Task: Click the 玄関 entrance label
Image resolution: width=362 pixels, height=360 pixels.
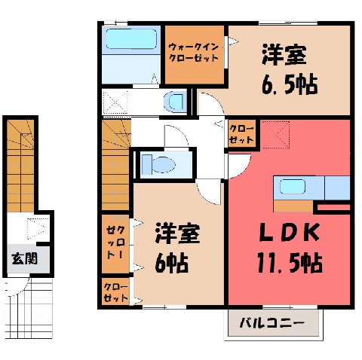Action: [x=25, y=258]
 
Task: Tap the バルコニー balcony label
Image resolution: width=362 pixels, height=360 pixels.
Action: [x=271, y=322]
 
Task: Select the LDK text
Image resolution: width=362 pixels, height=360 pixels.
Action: [x=289, y=233]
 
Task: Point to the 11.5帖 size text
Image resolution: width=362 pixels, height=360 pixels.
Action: [x=290, y=263]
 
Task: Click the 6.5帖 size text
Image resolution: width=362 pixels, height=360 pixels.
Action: [x=290, y=84]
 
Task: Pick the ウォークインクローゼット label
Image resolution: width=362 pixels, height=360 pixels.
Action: [x=194, y=52]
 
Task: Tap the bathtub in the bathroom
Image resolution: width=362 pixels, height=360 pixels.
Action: [x=131, y=38]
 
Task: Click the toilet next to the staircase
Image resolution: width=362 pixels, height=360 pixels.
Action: [x=158, y=165]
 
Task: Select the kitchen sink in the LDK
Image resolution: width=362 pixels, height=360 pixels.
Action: [x=293, y=187]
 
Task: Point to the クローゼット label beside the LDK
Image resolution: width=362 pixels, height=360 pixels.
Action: [x=241, y=134]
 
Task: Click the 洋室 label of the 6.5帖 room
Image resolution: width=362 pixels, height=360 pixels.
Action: [x=284, y=55]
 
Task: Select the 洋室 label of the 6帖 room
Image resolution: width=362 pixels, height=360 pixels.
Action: [x=177, y=233]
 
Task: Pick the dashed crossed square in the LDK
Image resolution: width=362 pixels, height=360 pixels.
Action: [x=275, y=135]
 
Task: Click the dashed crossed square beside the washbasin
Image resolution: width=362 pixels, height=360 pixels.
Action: [x=115, y=102]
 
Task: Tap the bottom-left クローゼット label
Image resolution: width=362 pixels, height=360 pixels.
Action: [x=115, y=292]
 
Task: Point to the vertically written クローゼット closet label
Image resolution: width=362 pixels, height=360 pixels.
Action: [x=116, y=243]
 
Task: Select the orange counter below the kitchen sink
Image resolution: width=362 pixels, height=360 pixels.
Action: [x=293, y=206]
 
